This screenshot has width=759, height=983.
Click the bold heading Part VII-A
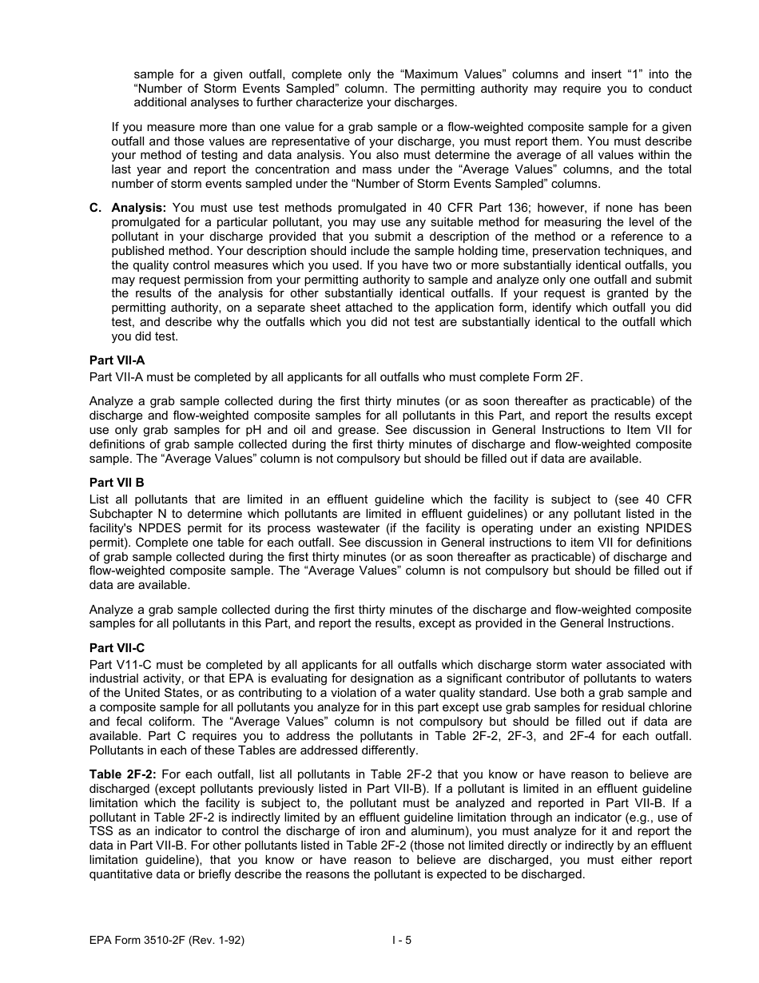coord(117,361)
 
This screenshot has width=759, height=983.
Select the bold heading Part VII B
coord(117,483)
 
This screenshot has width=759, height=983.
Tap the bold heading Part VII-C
coord(117,648)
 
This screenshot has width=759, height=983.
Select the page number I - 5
coord(402,941)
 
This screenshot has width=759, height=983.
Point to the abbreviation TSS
coord(101,831)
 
